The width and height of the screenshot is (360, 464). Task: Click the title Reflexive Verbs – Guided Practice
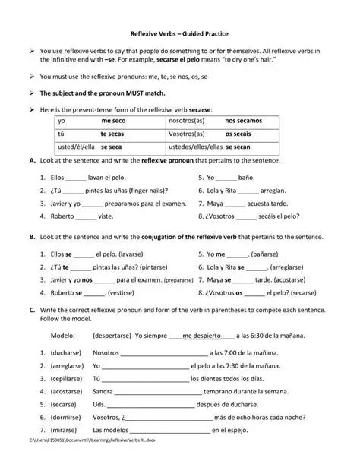[x=179, y=34]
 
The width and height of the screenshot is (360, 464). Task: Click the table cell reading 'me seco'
[x=113, y=120]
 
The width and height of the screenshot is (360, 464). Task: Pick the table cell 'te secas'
[x=112, y=133]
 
